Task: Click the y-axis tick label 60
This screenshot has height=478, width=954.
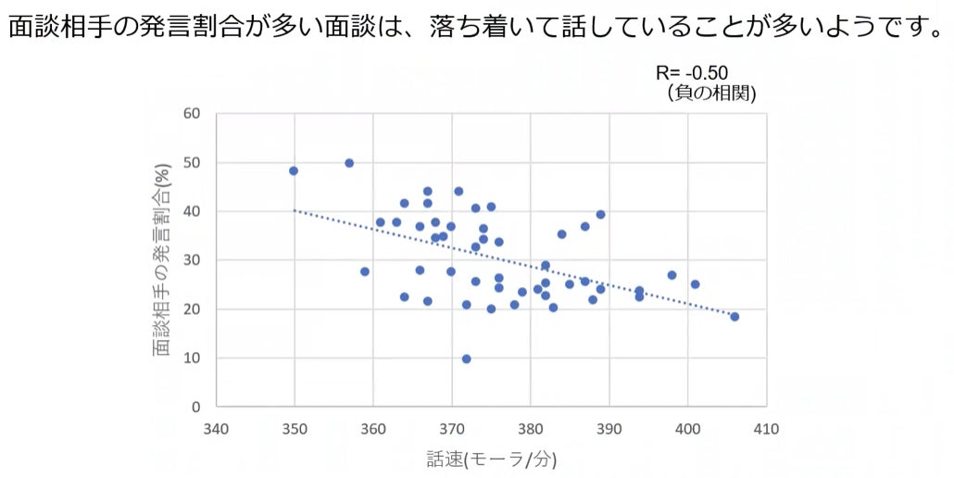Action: pyautogui.click(x=192, y=114)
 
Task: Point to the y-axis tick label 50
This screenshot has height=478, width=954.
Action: pyautogui.click(x=192, y=163)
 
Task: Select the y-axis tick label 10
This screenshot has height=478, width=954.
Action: pyautogui.click(x=192, y=358)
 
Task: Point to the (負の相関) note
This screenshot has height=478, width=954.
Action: pyautogui.click(x=709, y=93)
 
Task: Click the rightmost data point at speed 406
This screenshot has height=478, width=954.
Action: pyautogui.click(x=734, y=317)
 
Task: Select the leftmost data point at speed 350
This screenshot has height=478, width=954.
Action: pyautogui.click(x=294, y=170)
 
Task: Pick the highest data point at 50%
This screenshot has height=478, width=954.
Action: pyautogui.click(x=349, y=163)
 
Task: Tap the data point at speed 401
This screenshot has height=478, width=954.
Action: pyautogui.click(x=695, y=284)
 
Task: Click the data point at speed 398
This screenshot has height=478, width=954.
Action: pyautogui.click(x=672, y=275)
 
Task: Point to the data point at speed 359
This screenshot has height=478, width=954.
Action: pyautogui.click(x=365, y=271)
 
